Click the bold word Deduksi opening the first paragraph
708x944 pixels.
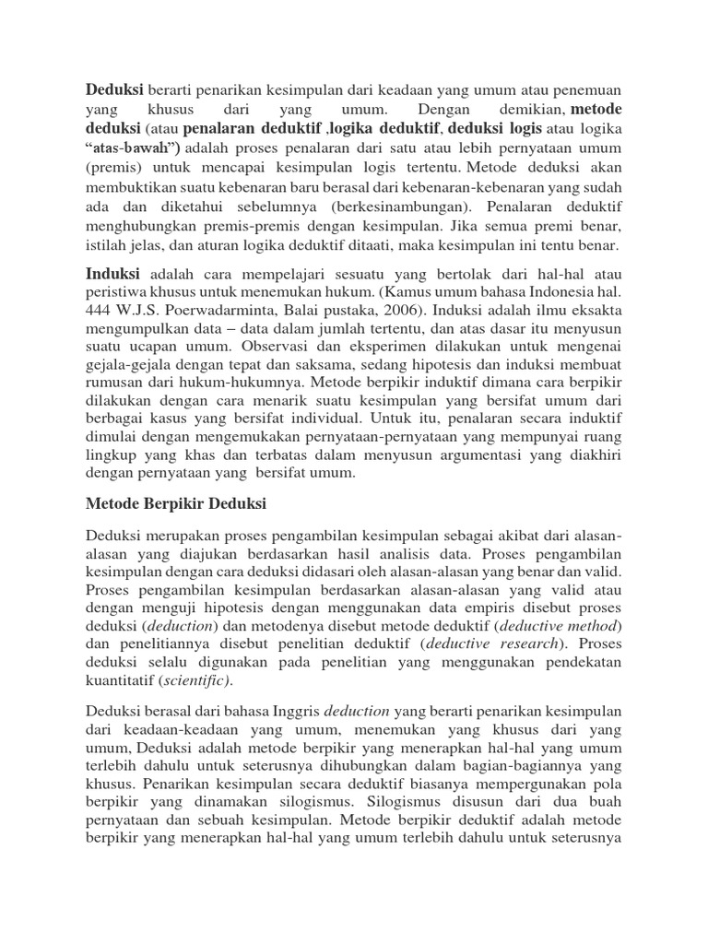pyautogui.click(x=115, y=89)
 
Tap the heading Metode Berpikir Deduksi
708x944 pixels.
pyautogui.click(x=176, y=505)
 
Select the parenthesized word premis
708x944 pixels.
pyautogui.click(x=116, y=168)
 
